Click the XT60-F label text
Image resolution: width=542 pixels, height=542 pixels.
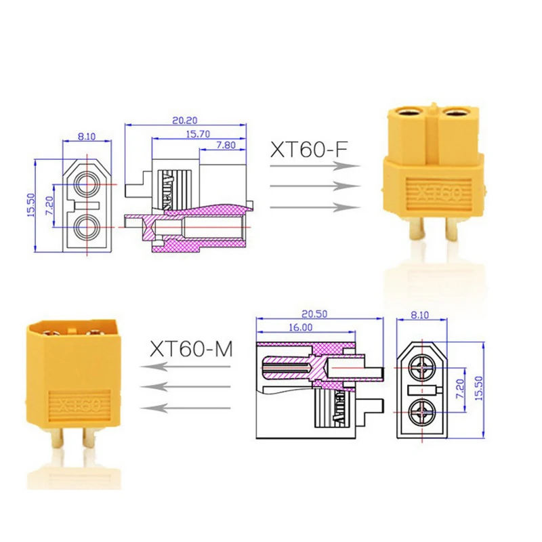[309, 150]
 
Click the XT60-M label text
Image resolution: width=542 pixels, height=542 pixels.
[191, 349]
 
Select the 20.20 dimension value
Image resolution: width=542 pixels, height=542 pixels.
[185, 121]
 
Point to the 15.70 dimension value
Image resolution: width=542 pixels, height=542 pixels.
[198, 133]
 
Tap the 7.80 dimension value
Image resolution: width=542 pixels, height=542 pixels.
[226, 145]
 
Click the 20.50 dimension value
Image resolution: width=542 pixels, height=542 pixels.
[314, 314]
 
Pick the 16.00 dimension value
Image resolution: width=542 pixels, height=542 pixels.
[300, 327]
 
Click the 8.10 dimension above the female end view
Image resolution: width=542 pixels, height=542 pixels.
[87, 136]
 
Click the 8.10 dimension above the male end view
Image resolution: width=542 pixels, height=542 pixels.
[419, 315]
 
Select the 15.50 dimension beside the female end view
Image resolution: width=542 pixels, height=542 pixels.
[31, 205]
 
